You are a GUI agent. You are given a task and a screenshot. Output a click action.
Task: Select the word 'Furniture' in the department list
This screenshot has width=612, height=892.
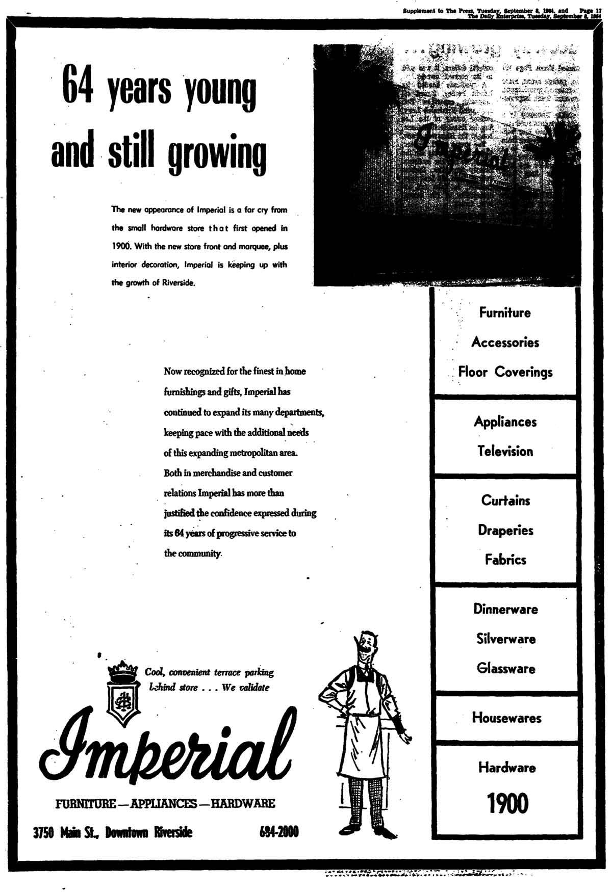pos(505,312)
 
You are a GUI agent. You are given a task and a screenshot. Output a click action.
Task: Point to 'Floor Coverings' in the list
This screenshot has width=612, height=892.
pos(505,372)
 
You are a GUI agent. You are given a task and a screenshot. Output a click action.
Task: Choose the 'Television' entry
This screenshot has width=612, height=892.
pos(505,451)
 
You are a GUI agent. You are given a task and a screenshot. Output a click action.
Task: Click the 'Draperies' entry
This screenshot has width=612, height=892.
pos(505,530)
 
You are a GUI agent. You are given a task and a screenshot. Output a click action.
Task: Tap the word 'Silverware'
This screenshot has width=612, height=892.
pos(506,639)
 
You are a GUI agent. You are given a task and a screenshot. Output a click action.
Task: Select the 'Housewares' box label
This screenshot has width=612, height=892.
pos(506,718)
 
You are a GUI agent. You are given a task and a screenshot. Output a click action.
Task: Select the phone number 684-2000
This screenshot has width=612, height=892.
pos(278,832)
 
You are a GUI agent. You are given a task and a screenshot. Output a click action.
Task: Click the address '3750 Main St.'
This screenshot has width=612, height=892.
pos(67,833)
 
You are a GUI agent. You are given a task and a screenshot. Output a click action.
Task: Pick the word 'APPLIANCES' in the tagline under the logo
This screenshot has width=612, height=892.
pos(164,804)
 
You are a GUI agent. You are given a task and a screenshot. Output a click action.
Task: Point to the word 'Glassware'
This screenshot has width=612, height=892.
pos(506,668)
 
